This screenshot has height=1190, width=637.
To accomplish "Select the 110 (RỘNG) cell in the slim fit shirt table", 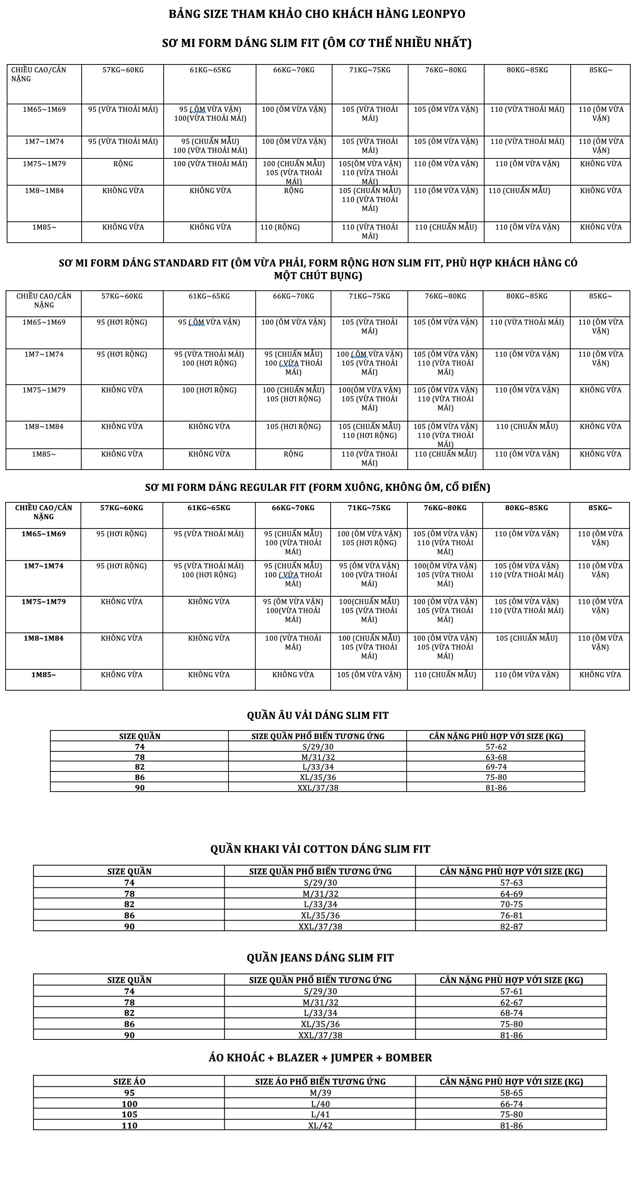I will coord(280,227).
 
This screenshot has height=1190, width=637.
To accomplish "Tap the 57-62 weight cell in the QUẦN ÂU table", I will coord(496,746).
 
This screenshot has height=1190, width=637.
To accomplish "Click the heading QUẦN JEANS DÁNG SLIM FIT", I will coord(320,958).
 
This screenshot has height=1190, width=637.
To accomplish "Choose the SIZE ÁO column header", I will coord(129,1082).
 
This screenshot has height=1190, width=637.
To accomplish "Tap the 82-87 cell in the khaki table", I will coord(511,926).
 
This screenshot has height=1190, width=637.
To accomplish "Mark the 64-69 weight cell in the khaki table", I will coord(511,894).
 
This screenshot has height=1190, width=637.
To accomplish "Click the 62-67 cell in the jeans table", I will coord(511,1003).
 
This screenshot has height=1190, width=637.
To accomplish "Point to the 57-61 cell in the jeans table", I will coord(511,991).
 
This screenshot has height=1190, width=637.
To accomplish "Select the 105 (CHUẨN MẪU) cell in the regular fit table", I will coord(526,638).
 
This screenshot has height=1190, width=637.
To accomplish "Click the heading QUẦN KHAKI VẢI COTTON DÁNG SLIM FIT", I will coord(320,849).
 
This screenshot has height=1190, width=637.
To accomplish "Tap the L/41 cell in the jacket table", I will coord(320,1115).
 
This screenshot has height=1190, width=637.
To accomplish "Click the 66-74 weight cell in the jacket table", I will coord(511,1104).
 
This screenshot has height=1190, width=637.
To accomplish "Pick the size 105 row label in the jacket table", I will coord(129,1115).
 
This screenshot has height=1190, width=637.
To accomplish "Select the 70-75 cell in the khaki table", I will coord(511,905).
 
